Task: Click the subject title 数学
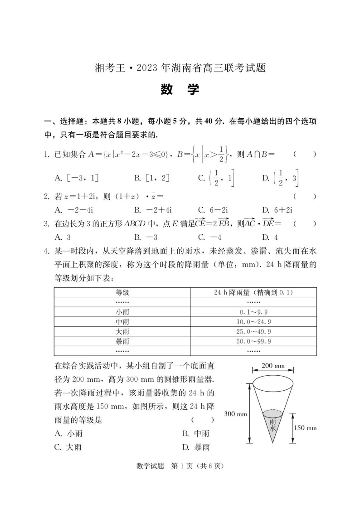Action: (x=180, y=90)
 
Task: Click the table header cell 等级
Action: (x=122, y=293)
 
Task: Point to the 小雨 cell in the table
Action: (x=122, y=312)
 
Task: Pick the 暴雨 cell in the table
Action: (x=122, y=341)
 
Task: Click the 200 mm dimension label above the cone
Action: (x=273, y=366)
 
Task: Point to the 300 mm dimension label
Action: (x=235, y=414)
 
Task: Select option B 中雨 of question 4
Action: (x=195, y=434)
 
